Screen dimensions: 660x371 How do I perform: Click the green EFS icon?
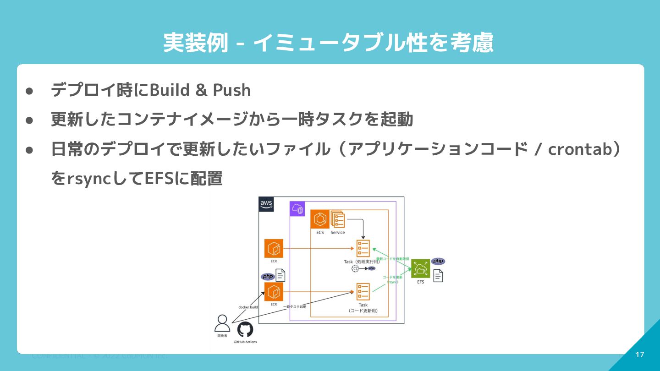click(x=420, y=269)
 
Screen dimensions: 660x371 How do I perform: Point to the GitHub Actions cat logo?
click(x=245, y=330)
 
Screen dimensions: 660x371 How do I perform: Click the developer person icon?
click(x=222, y=323)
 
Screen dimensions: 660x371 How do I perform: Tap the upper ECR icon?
click(x=274, y=249)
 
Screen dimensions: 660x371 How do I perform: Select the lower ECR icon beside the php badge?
click(x=274, y=292)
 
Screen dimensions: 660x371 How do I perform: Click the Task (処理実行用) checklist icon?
click(x=363, y=249)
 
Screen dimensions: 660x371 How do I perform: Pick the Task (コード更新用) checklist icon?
click(x=363, y=292)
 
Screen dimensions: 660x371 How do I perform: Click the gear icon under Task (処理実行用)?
click(x=355, y=268)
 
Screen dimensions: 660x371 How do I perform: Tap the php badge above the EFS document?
click(x=438, y=261)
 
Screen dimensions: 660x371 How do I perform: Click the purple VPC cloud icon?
click(x=297, y=209)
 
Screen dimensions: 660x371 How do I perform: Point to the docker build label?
click(x=248, y=307)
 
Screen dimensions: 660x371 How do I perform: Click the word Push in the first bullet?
click(x=232, y=90)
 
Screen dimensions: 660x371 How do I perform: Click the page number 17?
click(x=640, y=355)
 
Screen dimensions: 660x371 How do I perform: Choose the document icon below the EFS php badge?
click(x=438, y=276)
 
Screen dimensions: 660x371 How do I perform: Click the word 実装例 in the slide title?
click(x=196, y=44)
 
